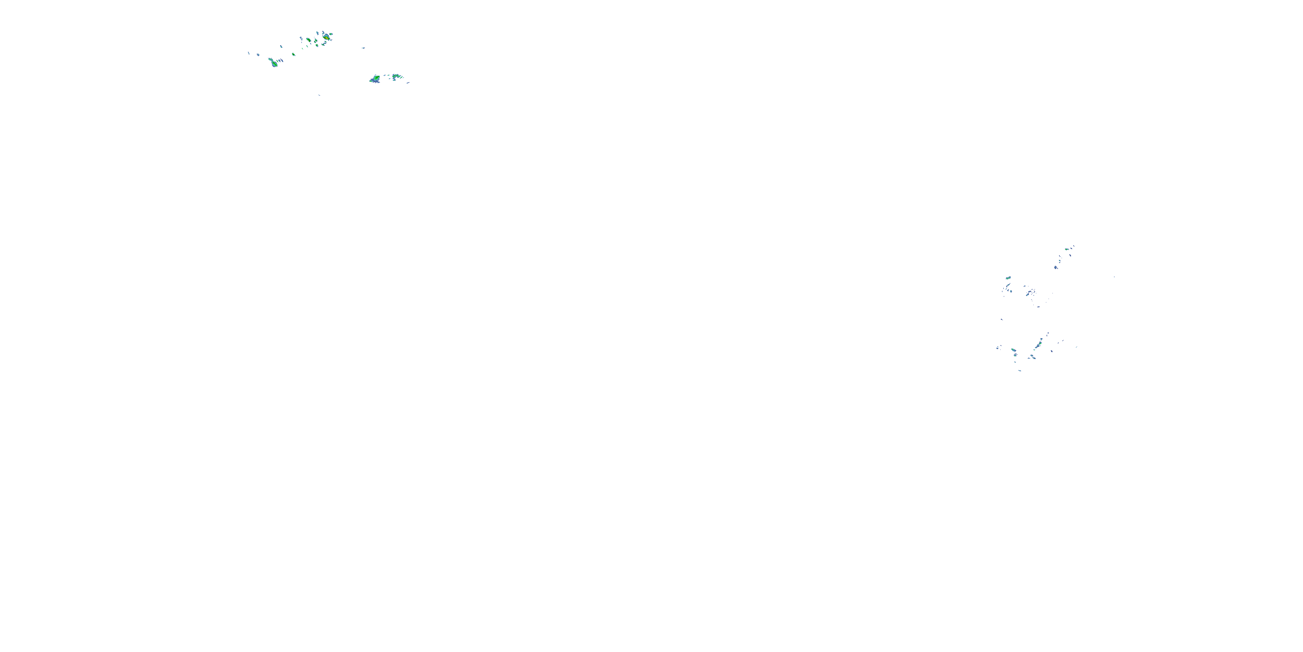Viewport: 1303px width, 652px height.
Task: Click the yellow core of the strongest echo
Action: point(327,37)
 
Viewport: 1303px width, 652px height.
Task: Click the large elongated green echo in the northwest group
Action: point(274,63)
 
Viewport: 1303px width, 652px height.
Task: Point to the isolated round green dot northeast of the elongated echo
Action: point(293,53)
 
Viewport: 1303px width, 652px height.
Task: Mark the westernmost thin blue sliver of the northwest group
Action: point(248,53)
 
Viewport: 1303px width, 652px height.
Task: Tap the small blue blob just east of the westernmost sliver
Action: point(258,54)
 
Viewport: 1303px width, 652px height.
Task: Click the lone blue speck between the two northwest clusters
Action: point(363,47)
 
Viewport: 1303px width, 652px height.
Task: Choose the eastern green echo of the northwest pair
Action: point(397,77)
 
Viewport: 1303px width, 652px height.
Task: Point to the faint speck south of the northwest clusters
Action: point(319,95)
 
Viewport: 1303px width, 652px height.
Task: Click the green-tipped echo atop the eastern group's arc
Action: point(1067,249)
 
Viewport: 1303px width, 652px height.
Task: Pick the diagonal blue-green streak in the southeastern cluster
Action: point(1039,344)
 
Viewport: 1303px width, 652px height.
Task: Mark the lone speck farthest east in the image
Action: point(1114,277)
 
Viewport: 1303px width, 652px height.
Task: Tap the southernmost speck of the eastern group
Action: point(1020,370)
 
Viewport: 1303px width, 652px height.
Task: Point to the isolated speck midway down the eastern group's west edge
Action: point(1002,319)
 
